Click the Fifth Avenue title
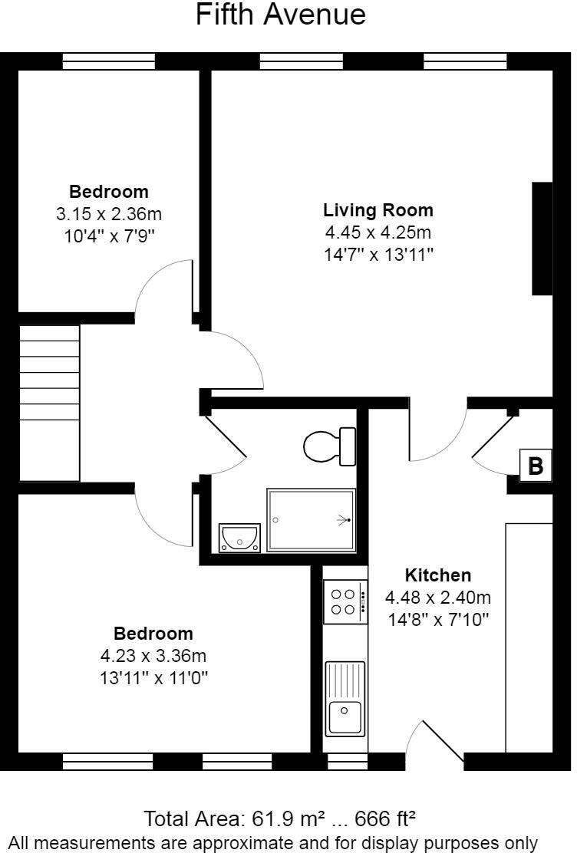click(281, 15)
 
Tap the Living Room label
click(378, 210)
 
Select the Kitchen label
click(437, 575)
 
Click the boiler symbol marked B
click(536, 466)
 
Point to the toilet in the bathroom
click(329, 446)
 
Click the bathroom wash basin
click(239, 537)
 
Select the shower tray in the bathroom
click(311, 520)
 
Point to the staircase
click(49, 403)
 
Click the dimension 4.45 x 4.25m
click(378, 232)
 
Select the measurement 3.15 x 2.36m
click(109, 214)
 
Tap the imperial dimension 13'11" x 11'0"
click(153, 678)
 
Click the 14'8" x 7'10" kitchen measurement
click(437, 619)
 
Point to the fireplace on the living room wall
click(542, 239)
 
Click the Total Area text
click(281, 818)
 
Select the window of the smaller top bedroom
click(108, 61)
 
